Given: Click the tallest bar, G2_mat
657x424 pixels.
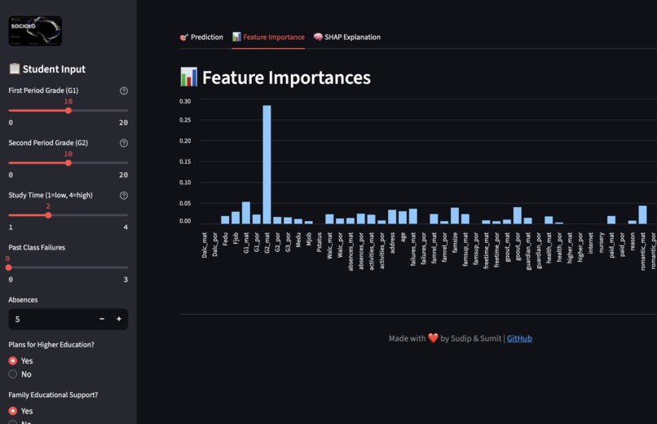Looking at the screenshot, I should tap(267, 164).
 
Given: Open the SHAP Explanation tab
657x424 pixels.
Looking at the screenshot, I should tap(346, 37).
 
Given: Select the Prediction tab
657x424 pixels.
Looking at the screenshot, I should tap(201, 37).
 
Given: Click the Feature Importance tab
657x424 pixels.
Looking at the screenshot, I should tap(268, 37).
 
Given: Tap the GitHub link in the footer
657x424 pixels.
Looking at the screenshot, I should tap(519, 338).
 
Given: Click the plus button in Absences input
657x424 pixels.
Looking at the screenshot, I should tap(119, 319).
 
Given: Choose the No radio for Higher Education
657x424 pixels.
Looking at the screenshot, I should tap(13, 374).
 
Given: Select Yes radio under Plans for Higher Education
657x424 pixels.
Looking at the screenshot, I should tap(13, 360).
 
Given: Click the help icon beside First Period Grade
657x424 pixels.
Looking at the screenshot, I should tap(124, 91).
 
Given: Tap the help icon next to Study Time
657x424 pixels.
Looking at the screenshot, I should tap(124, 196).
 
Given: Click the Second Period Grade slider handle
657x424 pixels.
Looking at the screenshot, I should tap(68, 163).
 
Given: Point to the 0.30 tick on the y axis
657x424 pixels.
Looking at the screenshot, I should tap(185, 101).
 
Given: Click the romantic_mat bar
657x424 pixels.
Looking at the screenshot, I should tap(642, 214).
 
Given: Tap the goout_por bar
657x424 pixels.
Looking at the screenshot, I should tap(518, 215).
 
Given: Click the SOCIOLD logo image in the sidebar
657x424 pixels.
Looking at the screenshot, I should tap(35, 31).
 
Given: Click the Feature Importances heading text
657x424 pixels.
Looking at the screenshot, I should tap(286, 77).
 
